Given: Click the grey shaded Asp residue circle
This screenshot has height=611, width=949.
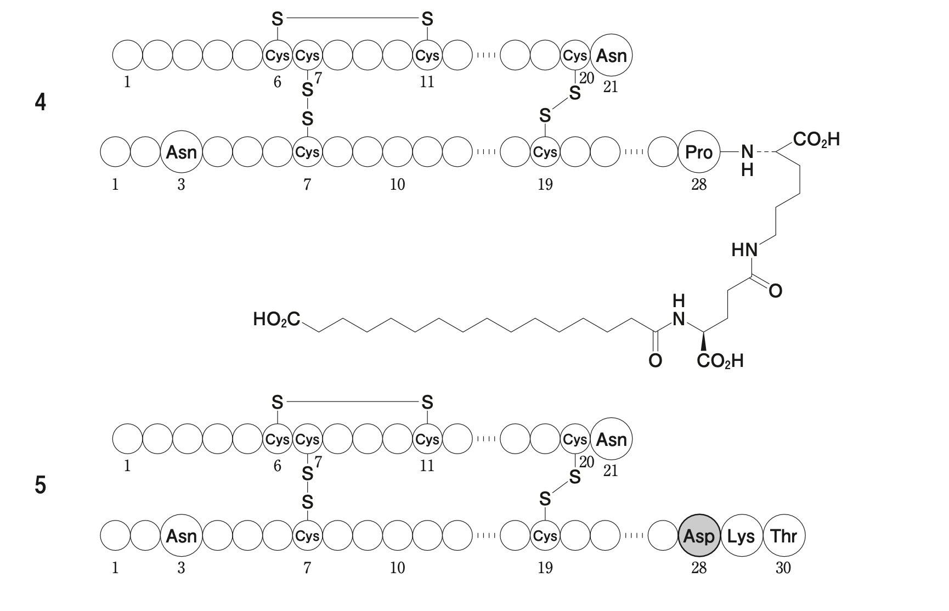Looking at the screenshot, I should click(698, 536).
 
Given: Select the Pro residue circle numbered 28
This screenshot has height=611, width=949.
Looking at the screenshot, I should click(698, 152).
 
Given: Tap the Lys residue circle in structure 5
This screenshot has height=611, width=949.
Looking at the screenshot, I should click(741, 536).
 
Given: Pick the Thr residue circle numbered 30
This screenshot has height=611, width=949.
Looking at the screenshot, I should click(783, 536).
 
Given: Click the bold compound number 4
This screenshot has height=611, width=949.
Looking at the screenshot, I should click(40, 103).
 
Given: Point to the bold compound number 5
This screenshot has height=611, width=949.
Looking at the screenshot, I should click(40, 486).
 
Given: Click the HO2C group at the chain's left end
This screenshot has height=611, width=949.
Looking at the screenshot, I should click(276, 319).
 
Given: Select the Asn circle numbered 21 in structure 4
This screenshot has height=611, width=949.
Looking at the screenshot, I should click(611, 55).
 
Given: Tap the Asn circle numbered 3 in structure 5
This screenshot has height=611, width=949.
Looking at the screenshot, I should click(181, 536).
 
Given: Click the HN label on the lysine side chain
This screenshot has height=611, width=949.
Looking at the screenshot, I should click(744, 251).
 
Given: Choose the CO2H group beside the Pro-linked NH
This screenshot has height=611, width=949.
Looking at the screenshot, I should click(816, 139).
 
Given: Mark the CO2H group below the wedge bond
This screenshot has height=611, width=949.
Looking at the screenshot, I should click(720, 361).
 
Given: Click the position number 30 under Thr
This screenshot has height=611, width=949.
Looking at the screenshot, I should click(783, 568).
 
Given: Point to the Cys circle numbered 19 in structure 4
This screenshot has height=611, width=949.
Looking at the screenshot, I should click(545, 152).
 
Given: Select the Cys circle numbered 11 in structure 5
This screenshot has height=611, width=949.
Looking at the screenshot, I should click(427, 439).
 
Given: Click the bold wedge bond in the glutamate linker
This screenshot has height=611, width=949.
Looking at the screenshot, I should click(703, 342).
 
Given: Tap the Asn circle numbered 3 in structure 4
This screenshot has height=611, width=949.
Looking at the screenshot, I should click(181, 152).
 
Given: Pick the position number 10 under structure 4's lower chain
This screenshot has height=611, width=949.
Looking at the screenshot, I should click(397, 184).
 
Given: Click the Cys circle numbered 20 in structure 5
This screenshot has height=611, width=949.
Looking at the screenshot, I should click(575, 439).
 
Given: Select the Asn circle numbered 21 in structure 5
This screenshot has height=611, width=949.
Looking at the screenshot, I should click(611, 439).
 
